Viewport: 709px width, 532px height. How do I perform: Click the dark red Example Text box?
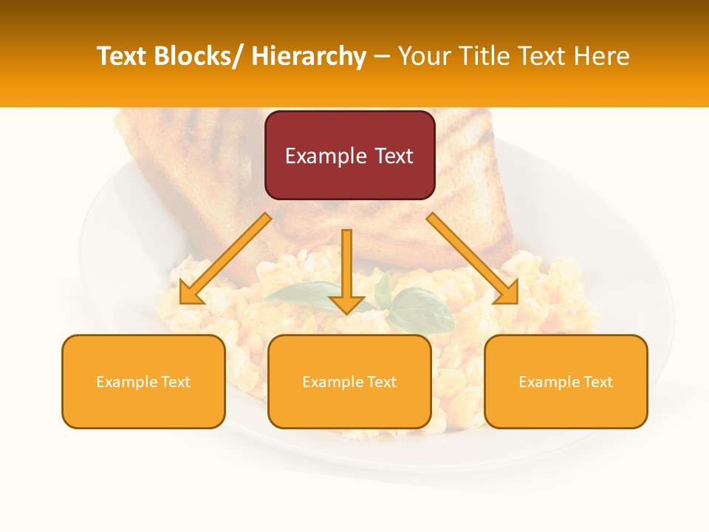coord(349,155)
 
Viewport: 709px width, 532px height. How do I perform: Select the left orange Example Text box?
coord(143,381)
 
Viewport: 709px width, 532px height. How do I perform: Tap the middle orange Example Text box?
coord(349,381)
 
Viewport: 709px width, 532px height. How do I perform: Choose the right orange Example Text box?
coord(566,381)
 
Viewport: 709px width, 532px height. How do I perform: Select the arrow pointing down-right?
coord(473,259)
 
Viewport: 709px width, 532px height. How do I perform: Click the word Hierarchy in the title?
coord(309,56)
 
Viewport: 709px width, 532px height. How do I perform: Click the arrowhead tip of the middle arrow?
coord(346,313)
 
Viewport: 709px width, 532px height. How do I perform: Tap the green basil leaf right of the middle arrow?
coord(422,310)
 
